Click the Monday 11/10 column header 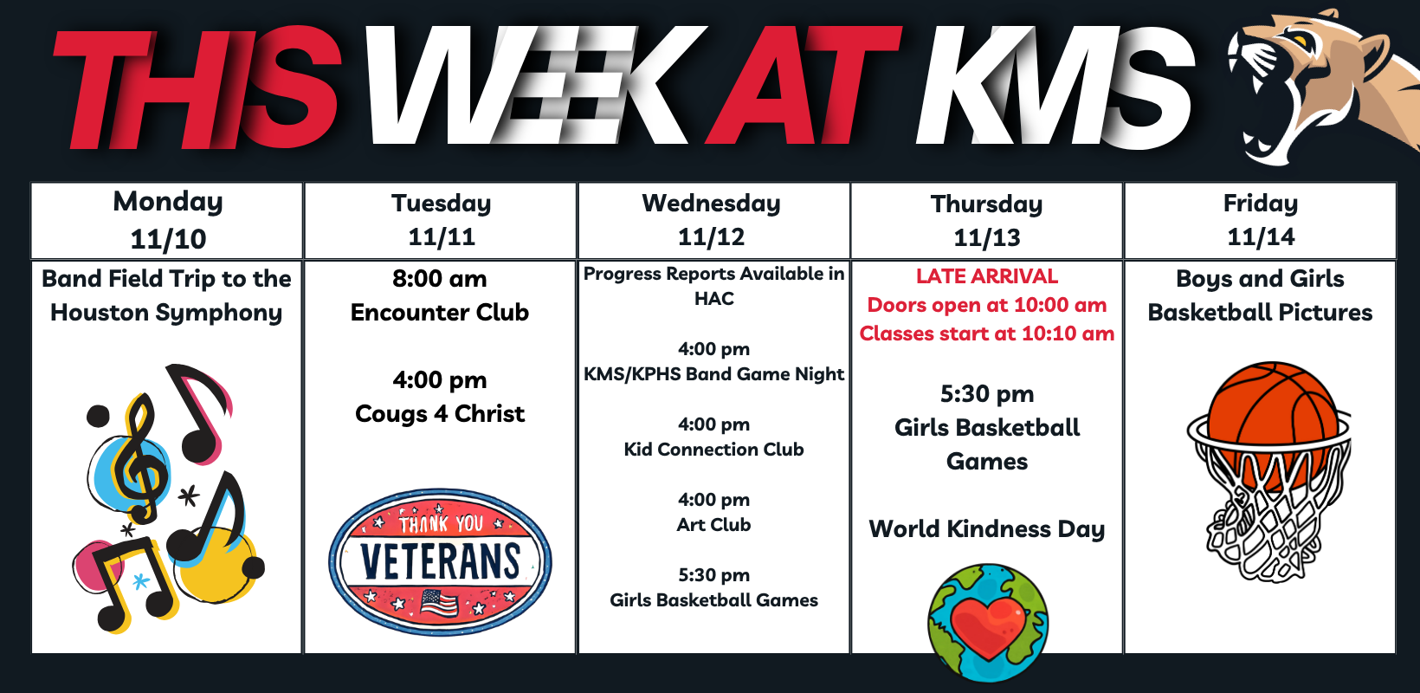pos(167,221)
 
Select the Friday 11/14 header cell pos(1261,221)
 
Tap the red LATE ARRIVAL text pos(987,276)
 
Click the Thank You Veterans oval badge pos(440,561)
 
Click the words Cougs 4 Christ pos(440,414)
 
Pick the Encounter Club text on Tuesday pos(440,313)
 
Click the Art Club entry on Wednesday pos(713,525)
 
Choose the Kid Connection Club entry pos(713,450)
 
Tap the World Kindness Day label pos(987,529)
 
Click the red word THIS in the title pos(197,88)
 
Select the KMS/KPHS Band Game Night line pos(713,374)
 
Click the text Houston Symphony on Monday pos(166,314)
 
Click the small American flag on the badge pos(439,604)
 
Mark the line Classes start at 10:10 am pos(987,334)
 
